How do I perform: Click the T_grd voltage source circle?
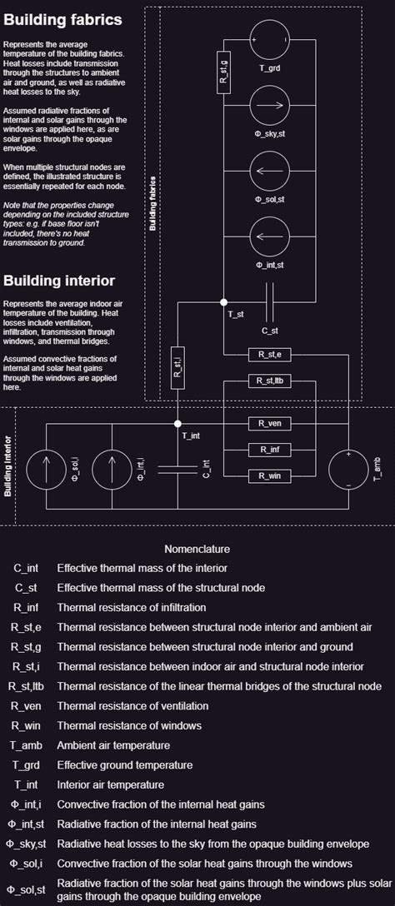[x=269, y=39]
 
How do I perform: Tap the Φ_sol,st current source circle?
[x=269, y=172]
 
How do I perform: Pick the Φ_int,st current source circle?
[x=269, y=237]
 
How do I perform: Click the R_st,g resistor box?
[x=223, y=71]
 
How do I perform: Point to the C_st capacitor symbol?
[x=269, y=301]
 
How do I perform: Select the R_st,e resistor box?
[x=269, y=354]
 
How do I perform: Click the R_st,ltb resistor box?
[x=269, y=381]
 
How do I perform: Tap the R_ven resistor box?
[x=269, y=423]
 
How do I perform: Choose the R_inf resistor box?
[x=269, y=450]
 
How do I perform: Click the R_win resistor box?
[x=269, y=475]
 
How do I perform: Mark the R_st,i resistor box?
[x=177, y=368]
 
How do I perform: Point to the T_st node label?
[x=236, y=315]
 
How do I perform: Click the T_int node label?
[x=191, y=435]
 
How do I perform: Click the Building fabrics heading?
[x=62, y=19]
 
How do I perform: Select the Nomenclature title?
[x=197, y=549]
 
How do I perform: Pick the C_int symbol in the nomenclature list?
[x=26, y=568]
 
